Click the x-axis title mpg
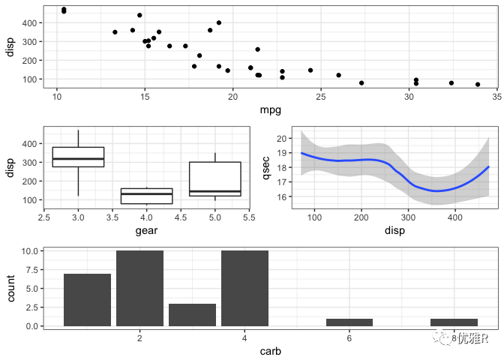pyautogui.click(x=270, y=111)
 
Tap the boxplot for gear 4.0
pyautogui.click(x=146, y=196)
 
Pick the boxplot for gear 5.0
pyautogui.click(x=215, y=178)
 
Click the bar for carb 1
pyautogui.click(x=87, y=300)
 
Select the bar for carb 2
pyautogui.click(x=139, y=289)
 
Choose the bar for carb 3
pyautogui.click(x=192, y=315)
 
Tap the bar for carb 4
pyautogui.click(x=244, y=289)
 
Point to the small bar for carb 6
pyautogui.click(x=349, y=322)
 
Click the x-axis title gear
pyautogui.click(x=146, y=231)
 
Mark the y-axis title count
pyautogui.click(x=11, y=289)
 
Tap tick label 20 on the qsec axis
pyautogui.click(x=282, y=139)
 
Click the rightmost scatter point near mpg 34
pyautogui.click(x=478, y=85)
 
